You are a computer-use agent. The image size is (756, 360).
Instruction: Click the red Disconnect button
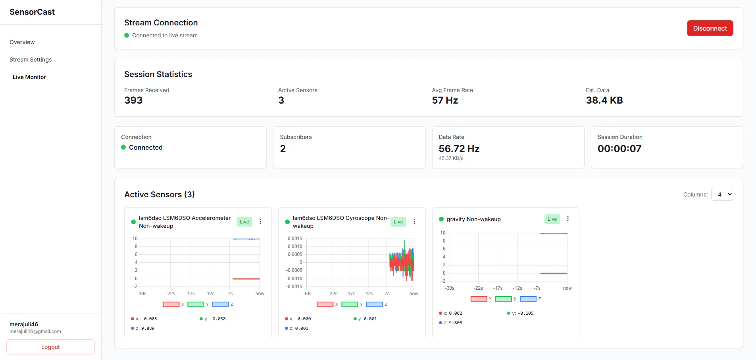point(710,28)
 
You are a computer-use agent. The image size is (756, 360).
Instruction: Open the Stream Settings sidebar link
point(31,60)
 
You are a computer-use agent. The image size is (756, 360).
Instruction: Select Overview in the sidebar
point(22,42)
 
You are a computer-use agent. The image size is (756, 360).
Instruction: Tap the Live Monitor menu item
point(29,77)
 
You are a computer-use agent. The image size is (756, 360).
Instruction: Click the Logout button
point(50,347)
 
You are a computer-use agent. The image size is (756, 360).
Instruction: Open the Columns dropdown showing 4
point(722,194)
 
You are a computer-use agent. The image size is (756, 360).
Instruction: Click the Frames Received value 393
point(133,100)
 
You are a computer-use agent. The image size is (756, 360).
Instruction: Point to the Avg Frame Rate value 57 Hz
point(445,100)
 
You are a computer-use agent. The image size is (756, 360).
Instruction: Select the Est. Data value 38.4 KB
point(604,100)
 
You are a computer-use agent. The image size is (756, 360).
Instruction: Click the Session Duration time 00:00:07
point(619,149)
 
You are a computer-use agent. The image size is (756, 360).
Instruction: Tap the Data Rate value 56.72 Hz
point(459,149)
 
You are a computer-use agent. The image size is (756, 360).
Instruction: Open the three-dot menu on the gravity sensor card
point(568,219)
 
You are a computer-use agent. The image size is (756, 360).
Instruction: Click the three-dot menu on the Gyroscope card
point(414,221)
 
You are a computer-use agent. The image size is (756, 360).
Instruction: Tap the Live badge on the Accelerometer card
point(244,222)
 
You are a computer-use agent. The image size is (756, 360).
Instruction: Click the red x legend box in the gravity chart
point(479,299)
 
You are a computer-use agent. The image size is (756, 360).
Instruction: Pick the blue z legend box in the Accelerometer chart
point(220,304)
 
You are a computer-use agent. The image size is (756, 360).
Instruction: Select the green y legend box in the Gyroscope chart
point(350,304)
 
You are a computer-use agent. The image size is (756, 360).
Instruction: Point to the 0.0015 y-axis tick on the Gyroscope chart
point(295,239)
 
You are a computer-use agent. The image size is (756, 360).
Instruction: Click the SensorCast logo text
point(32,12)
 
